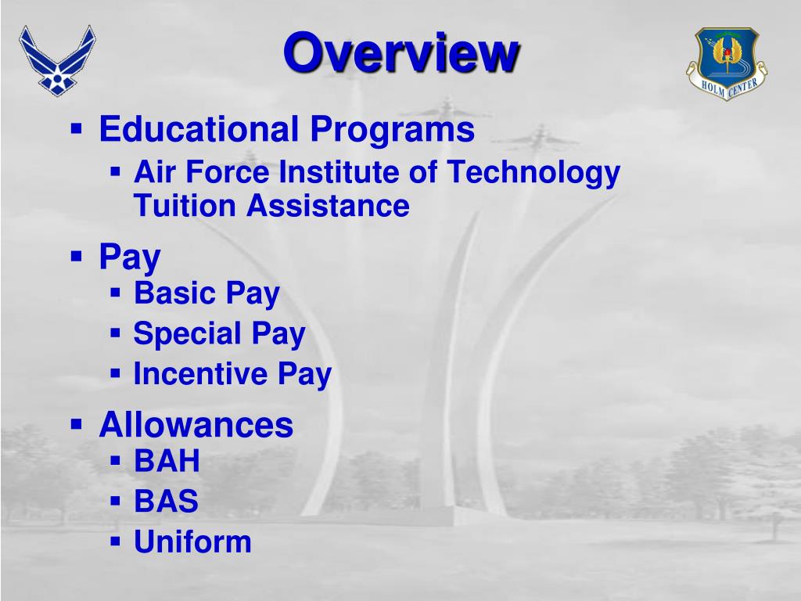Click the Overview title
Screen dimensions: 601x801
point(400,53)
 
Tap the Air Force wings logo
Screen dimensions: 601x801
point(57,59)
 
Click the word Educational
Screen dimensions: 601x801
point(199,129)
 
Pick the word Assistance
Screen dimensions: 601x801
point(329,207)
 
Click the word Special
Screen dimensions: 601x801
point(187,335)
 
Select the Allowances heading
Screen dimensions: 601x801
point(196,425)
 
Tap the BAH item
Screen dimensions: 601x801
point(167,461)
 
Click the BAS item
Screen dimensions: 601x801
point(166,501)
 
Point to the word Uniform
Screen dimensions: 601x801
point(192,541)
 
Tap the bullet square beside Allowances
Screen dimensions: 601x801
point(76,424)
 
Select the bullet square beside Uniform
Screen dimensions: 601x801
point(115,540)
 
